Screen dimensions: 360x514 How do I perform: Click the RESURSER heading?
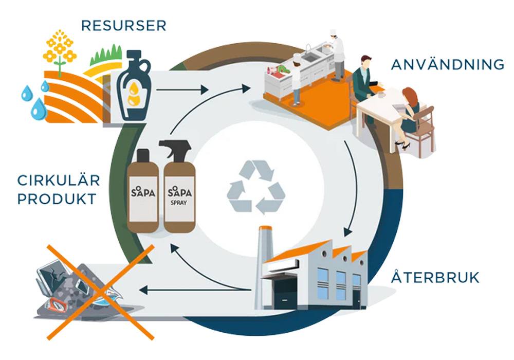pos(123,25)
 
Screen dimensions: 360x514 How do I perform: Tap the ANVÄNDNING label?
pos(447,65)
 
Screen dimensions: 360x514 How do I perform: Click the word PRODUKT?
pos(57,199)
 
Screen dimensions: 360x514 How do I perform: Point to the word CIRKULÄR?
pos(59,181)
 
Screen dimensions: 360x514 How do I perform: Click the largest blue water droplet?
pos(38,107)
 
